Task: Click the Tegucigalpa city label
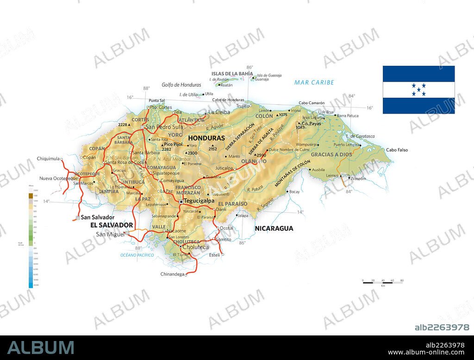(x=199, y=201)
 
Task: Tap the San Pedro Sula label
(x=164, y=127)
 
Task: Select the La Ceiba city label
(x=219, y=112)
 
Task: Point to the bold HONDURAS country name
(x=206, y=138)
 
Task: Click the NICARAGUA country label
(x=274, y=228)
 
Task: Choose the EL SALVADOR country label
(x=112, y=225)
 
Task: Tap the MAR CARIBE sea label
(x=314, y=82)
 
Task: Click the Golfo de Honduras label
(x=181, y=85)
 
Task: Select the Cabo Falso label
(x=397, y=150)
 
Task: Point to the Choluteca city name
(x=196, y=247)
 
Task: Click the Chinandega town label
(x=172, y=274)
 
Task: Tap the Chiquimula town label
(x=48, y=158)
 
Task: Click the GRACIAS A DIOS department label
(x=331, y=154)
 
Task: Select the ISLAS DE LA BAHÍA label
(x=232, y=74)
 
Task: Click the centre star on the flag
(x=419, y=90)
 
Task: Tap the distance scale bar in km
(x=383, y=282)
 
